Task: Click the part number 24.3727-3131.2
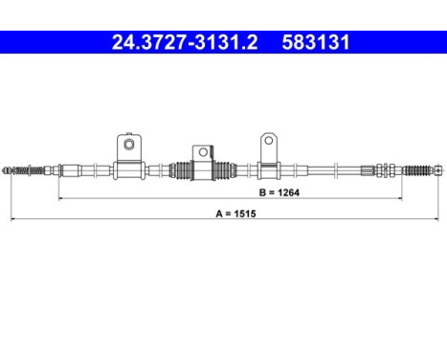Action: pyautogui.click(x=185, y=42)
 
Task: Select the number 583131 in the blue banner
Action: pyautogui.click(x=316, y=42)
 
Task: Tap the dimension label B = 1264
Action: pyautogui.click(x=279, y=192)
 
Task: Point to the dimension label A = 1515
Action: pyautogui.click(x=235, y=214)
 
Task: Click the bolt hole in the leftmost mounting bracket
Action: pyautogui.click(x=129, y=145)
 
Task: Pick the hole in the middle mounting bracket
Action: pyautogui.click(x=203, y=152)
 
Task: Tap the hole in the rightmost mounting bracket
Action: pyautogui.click(x=269, y=140)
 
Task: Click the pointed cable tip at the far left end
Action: pyautogui.click(x=5, y=170)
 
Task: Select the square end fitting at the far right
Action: pyautogui.click(x=438, y=170)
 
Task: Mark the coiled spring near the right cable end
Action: pyautogui.click(x=417, y=170)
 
